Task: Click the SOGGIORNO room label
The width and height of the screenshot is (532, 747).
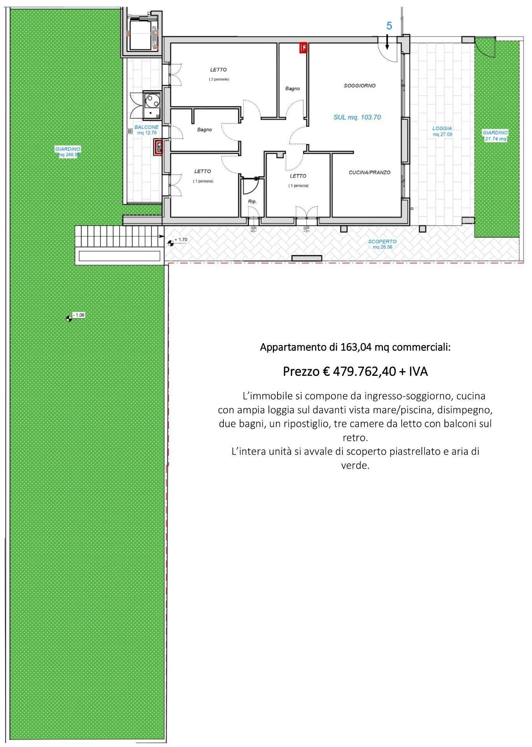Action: point(359,86)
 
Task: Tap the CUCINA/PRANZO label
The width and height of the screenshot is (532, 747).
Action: point(369,172)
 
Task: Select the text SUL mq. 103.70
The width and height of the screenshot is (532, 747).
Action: point(357,117)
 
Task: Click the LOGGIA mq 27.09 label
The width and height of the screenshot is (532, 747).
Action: point(442,131)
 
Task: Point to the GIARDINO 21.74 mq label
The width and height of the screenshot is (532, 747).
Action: point(495,135)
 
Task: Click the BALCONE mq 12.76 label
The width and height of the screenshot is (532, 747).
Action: point(146,130)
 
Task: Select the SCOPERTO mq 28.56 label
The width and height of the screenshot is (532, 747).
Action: point(382,244)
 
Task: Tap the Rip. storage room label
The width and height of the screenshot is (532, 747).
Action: point(252,202)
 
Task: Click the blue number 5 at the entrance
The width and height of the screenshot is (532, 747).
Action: point(389,26)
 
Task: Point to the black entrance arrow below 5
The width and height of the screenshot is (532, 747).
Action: point(387,42)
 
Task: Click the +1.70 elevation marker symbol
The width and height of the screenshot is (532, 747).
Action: point(170,244)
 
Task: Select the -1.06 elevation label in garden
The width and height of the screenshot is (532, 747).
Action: point(79,315)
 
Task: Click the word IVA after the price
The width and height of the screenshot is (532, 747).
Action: point(418,372)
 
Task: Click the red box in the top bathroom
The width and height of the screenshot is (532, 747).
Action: point(303,48)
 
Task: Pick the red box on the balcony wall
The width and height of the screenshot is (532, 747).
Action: point(158,147)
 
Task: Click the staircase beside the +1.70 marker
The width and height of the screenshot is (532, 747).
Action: point(118,236)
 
